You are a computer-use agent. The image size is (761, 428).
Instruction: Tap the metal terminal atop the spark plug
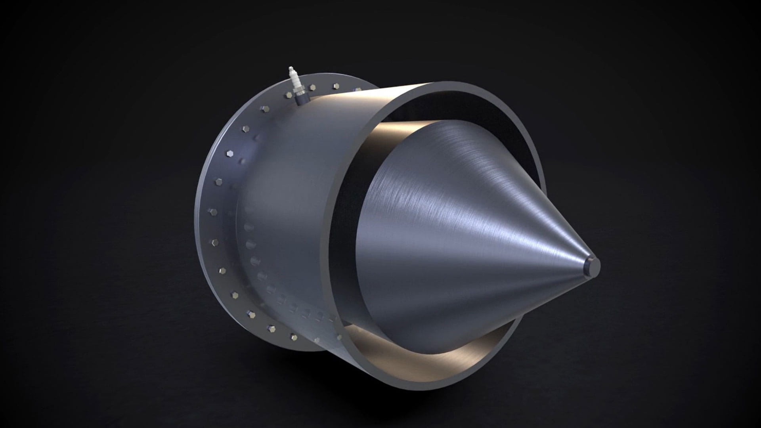[x=291, y=68]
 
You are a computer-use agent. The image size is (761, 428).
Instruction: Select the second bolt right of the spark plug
[x=336, y=86]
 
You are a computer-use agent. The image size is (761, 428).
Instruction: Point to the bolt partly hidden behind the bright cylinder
[x=357, y=90]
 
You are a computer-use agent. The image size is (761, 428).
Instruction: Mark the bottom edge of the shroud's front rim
[x=436, y=387]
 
